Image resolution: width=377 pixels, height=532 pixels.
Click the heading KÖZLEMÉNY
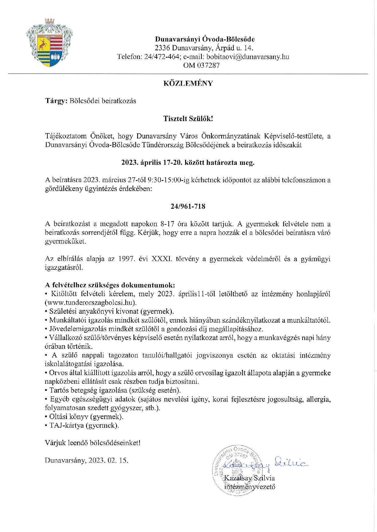(188, 83)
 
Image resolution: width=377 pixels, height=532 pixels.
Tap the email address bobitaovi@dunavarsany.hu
(248, 56)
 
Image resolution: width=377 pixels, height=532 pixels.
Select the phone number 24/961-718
(188, 206)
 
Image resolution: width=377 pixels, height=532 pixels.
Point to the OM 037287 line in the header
(201, 65)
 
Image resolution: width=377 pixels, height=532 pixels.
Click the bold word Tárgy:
(56, 101)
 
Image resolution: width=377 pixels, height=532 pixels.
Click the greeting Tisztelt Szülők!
(188, 118)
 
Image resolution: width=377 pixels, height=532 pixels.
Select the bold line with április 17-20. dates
(188, 162)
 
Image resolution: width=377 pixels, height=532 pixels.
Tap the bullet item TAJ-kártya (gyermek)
(84, 425)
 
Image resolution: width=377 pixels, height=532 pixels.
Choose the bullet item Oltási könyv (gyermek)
(86, 416)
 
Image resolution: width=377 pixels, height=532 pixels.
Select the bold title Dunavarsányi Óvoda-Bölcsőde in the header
(205, 39)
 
